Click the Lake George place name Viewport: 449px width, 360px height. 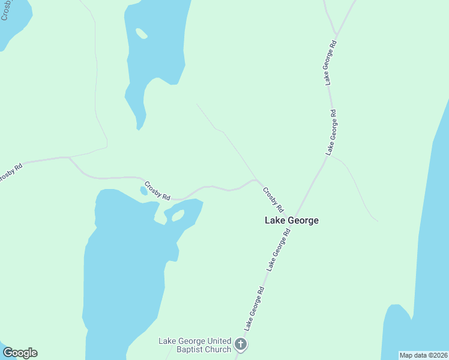(292, 220)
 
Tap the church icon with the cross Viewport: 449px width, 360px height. (241, 344)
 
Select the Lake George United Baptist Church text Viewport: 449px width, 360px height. (194, 345)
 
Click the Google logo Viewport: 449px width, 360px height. (20, 353)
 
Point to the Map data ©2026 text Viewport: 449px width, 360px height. (423, 355)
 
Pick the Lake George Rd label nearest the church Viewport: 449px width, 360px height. (255, 308)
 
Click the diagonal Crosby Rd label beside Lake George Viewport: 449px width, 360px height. (273, 200)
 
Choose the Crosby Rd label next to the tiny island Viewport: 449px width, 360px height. (157, 189)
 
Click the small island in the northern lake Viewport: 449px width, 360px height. (142, 33)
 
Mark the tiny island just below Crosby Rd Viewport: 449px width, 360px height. (144, 191)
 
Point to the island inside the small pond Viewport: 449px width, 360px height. (178, 215)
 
